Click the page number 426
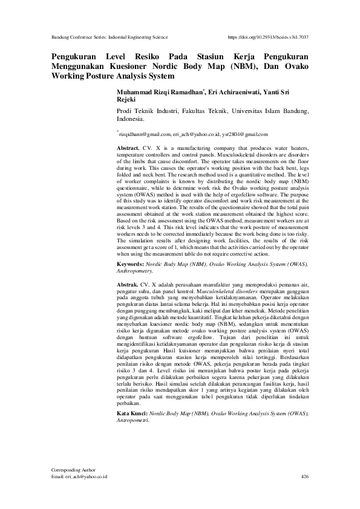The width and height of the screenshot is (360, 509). click(304, 477)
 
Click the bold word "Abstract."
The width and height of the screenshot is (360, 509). click(128, 148)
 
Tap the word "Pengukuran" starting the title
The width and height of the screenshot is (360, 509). click(74, 55)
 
